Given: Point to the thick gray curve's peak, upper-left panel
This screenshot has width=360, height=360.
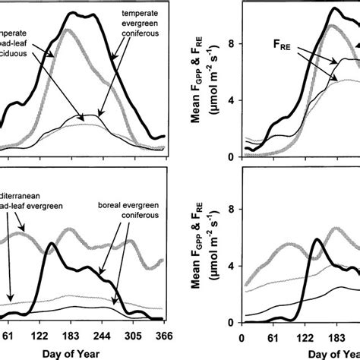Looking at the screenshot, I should point(69,30).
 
